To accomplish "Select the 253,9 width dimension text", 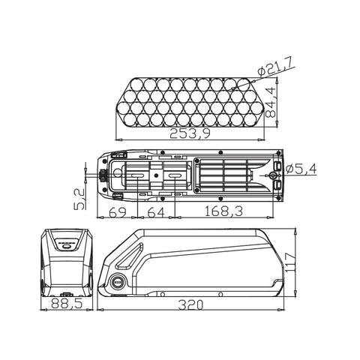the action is point(190,133).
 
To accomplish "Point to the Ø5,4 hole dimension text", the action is point(301,169).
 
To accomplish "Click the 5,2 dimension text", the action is point(79,199).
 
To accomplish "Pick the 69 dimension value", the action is point(118,212).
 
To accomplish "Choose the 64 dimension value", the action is point(156,212).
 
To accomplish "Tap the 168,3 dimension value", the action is point(223,211).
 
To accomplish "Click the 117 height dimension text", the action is point(289,262).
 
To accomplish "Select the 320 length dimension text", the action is point(190,304).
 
